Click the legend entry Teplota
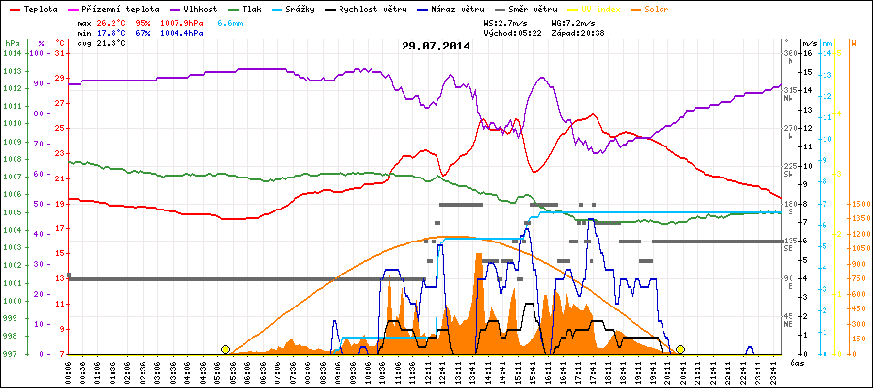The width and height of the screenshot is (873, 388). [31, 8]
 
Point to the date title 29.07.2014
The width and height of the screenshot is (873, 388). [436, 46]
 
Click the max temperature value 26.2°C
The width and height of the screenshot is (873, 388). [115, 21]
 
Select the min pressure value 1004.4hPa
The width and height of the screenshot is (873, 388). [182, 32]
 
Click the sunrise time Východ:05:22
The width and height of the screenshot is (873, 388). [510, 32]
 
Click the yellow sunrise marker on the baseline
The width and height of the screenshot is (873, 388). [226, 349]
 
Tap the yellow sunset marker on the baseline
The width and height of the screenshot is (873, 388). [680, 349]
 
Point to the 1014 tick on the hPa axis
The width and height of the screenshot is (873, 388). [12, 54]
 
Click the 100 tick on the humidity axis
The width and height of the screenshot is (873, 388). [39, 54]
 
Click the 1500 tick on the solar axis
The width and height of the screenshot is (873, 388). [857, 205]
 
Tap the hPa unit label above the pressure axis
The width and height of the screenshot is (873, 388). [12, 43]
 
